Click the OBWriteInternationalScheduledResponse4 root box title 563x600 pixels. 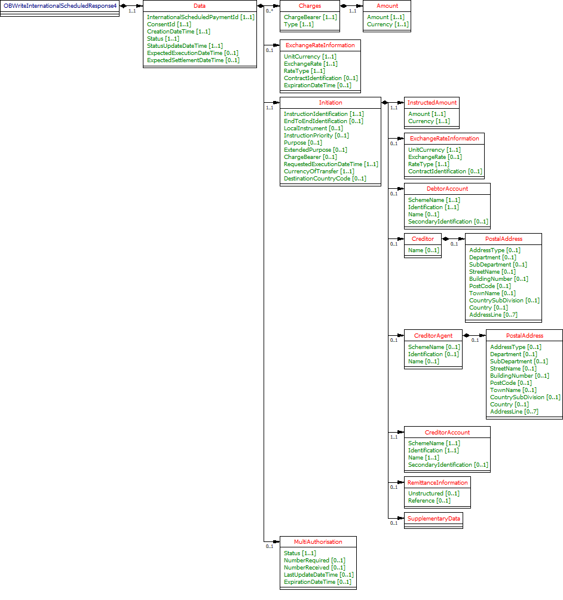pyautogui.click(x=60, y=6)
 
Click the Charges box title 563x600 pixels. pyautogui.click(x=310, y=6)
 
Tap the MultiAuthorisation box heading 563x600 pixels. pyautogui.click(x=318, y=542)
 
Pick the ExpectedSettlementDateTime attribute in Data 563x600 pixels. pyautogui.click(x=193, y=60)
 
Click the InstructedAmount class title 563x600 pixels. pyautogui.click(x=432, y=103)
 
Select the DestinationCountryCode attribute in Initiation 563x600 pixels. pyautogui.click(x=325, y=179)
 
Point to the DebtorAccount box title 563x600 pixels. pyautogui.click(x=447, y=189)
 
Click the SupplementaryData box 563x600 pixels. pyautogui.click(x=433, y=519)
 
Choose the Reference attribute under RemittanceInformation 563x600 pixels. pyautogui.click(x=429, y=501)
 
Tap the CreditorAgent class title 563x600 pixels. pyautogui.click(x=433, y=336)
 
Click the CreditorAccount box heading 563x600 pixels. pyautogui.click(x=447, y=433)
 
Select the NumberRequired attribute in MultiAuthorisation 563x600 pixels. pyautogui.click(x=314, y=561)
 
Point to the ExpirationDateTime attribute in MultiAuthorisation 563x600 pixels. pyautogui.click(x=317, y=582)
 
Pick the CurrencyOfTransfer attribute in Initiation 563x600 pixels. pyautogui.click(x=319, y=172)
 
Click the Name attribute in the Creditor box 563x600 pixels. pyautogui.click(x=423, y=250)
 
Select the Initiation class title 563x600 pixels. pyautogui.click(x=330, y=103)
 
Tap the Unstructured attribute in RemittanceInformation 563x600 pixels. pyautogui.click(x=433, y=494)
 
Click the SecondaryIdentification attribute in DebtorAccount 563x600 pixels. pyautogui.click(x=448, y=222)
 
